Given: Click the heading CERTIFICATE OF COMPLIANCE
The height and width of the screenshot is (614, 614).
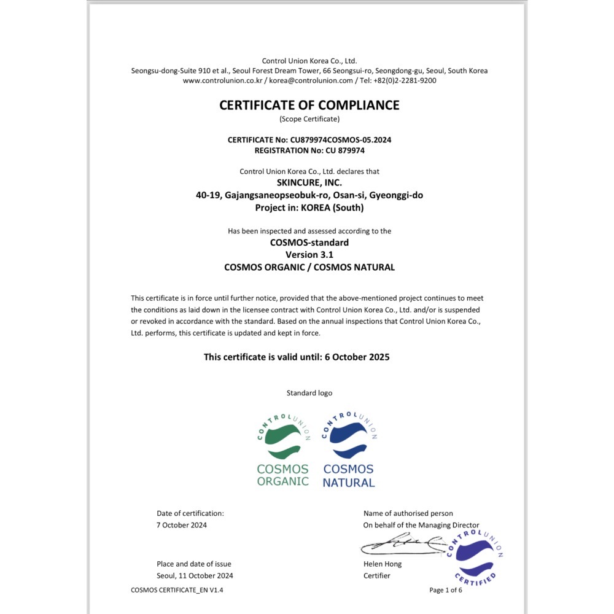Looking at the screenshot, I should click(309, 105).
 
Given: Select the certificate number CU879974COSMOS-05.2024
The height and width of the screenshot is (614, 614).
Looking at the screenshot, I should click(342, 140).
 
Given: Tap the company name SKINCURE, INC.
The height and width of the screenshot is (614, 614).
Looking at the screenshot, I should click(309, 183).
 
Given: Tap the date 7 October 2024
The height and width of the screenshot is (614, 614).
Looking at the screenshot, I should click(182, 525).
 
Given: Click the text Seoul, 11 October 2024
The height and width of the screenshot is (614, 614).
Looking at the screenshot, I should click(195, 575).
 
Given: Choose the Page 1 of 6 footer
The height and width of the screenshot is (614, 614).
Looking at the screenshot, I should click(446, 590).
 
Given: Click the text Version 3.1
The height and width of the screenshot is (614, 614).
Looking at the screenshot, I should click(309, 255).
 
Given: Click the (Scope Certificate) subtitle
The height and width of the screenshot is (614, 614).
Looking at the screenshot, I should click(309, 119).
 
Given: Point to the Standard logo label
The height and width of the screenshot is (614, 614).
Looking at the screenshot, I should click(309, 393).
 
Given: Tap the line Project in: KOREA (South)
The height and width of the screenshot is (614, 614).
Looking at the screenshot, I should click(309, 208).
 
